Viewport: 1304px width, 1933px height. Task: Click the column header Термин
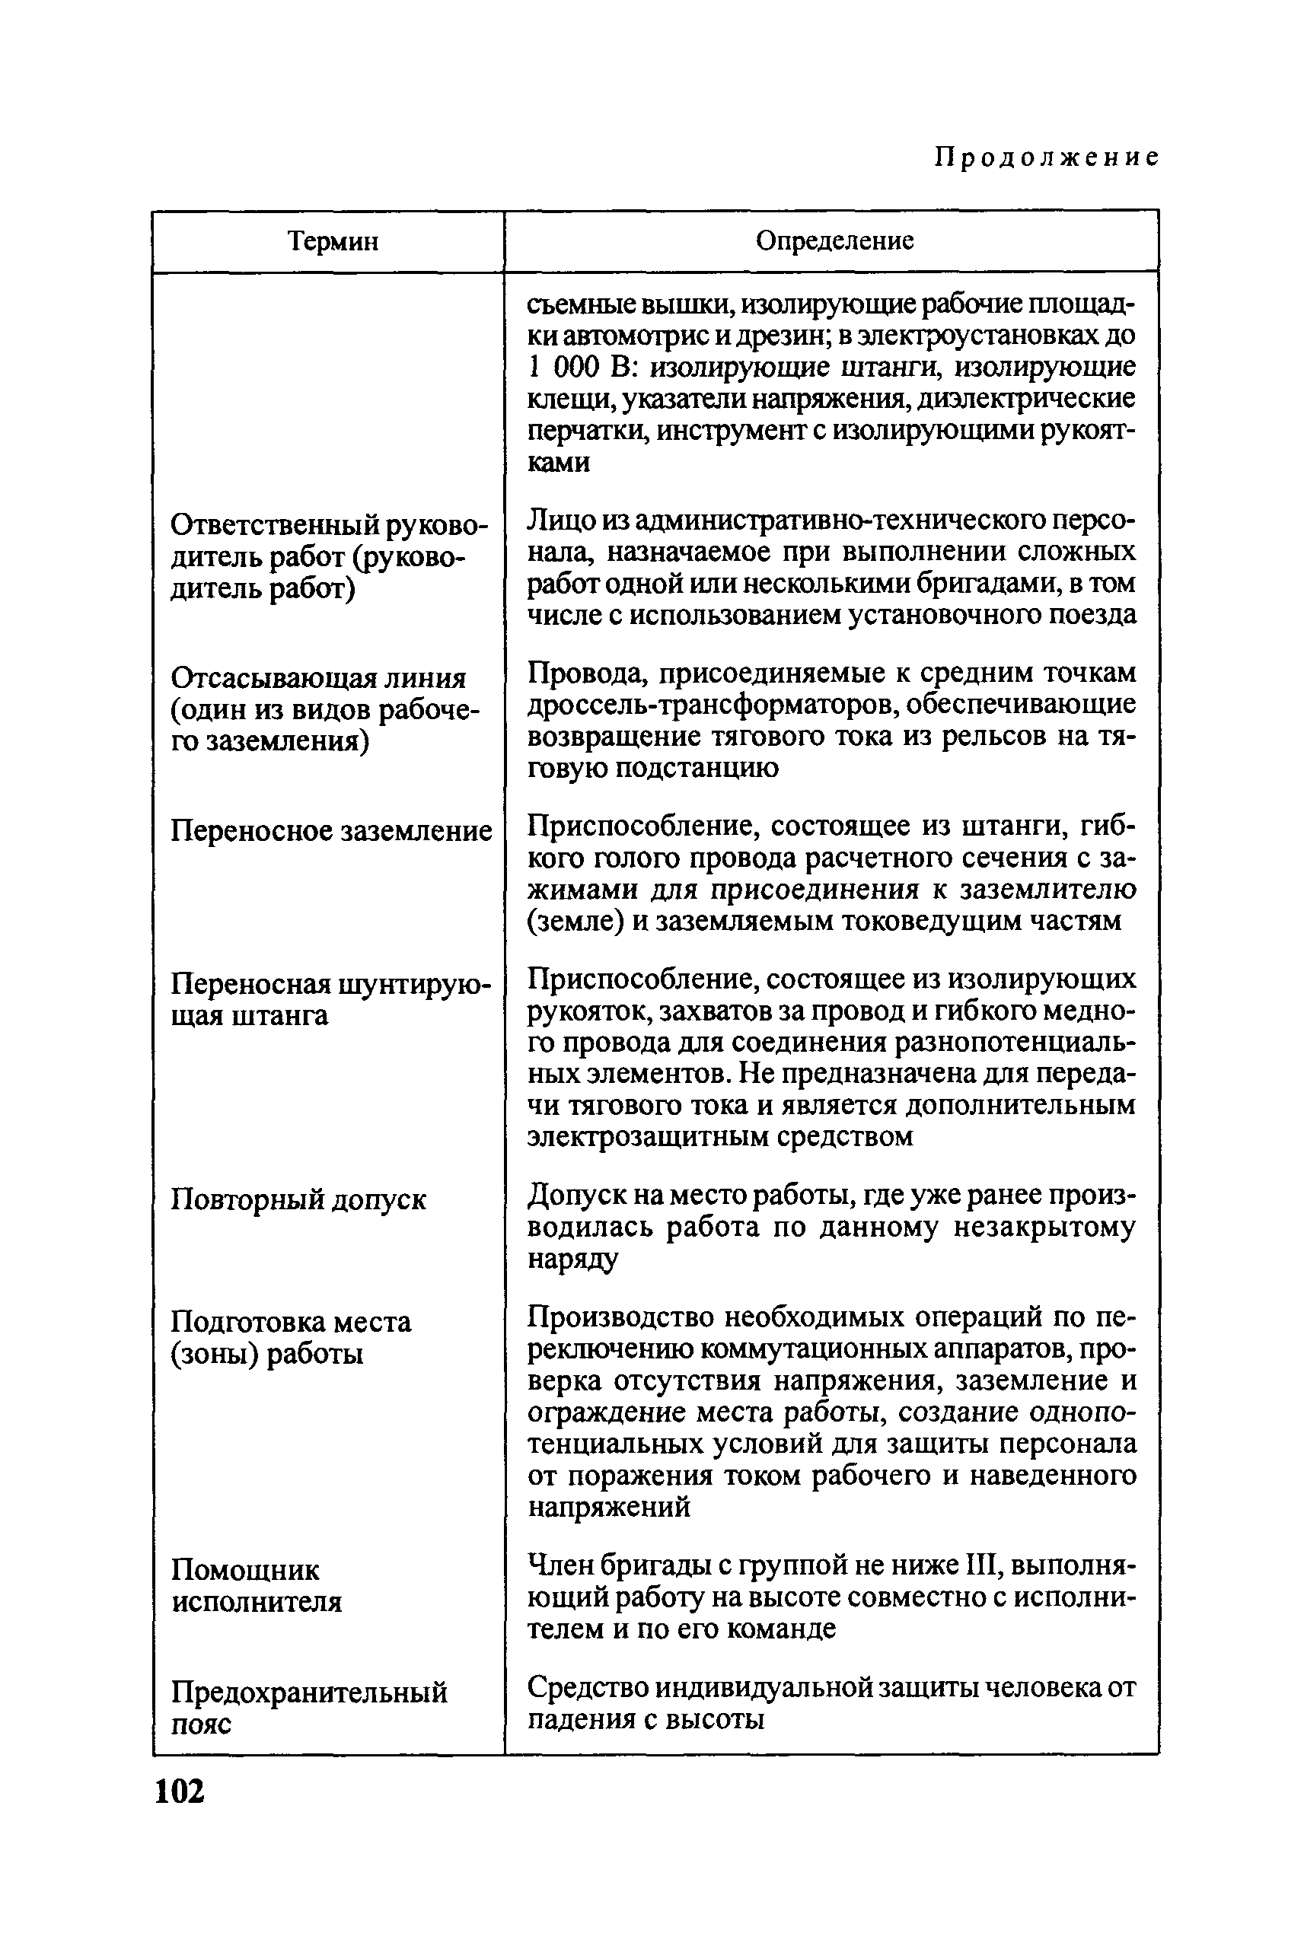click(333, 241)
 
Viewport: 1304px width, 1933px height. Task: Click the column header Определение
click(834, 240)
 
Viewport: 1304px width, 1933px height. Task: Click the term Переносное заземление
click(331, 830)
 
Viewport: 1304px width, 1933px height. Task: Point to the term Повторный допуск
click(298, 1199)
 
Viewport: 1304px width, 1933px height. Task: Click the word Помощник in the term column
click(245, 1570)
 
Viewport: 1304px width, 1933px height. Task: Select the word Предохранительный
click(309, 1692)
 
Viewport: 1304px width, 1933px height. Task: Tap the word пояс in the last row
click(201, 1724)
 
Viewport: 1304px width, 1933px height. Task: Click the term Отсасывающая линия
click(318, 677)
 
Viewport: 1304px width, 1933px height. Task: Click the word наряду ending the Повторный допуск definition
click(573, 1259)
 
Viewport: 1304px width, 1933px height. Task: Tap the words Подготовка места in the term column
click(291, 1322)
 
